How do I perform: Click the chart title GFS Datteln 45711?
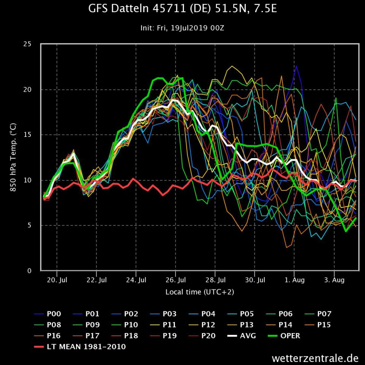(182, 9)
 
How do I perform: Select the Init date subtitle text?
(182, 28)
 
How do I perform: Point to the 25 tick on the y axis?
(27, 44)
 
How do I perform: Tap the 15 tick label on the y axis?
(27, 135)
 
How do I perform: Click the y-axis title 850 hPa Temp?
(13, 157)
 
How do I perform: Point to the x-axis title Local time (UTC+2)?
(200, 292)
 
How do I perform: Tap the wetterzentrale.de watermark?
(315, 358)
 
